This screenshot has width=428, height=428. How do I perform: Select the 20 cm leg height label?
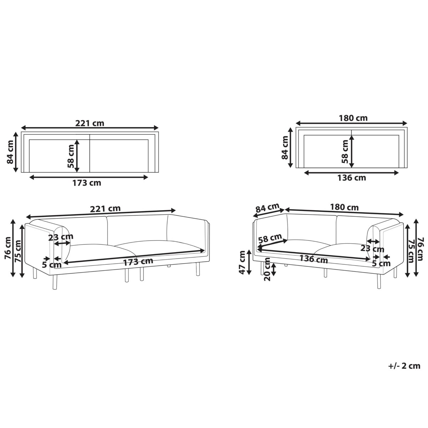[267, 269]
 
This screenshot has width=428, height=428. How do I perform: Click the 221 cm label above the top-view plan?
[90, 123]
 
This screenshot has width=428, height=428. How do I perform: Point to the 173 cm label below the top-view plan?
[87, 183]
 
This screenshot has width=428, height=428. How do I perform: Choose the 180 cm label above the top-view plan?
[353, 118]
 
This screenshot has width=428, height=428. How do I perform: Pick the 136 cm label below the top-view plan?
[352, 178]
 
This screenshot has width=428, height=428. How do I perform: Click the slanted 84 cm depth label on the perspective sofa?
[267, 208]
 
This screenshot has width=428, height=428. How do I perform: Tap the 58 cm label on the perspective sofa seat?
[270, 239]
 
